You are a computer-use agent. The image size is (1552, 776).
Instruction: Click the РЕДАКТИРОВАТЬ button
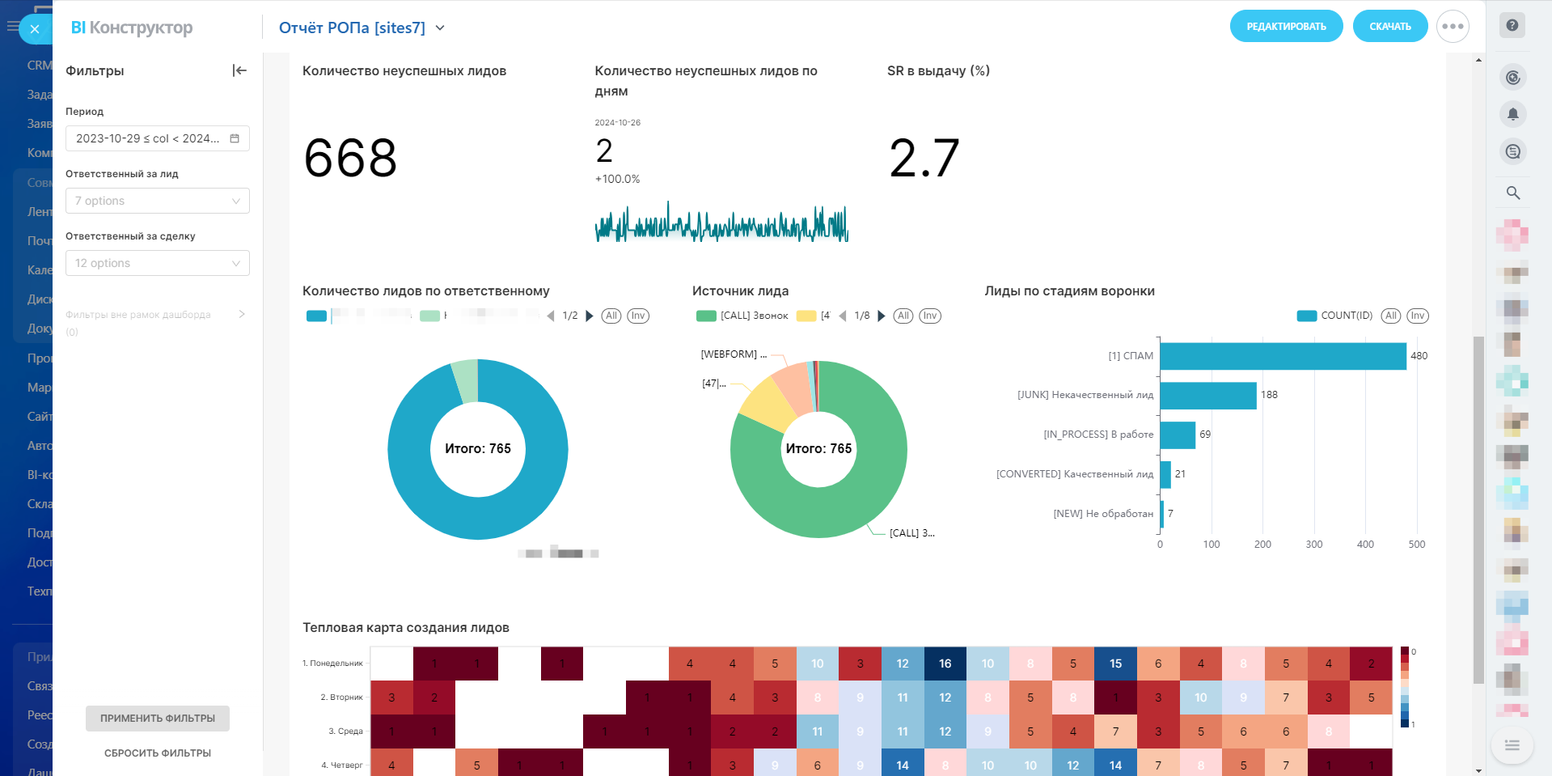1286,27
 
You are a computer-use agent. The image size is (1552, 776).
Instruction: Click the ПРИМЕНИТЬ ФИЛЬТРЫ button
158,719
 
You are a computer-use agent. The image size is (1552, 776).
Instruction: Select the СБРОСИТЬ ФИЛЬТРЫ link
158,753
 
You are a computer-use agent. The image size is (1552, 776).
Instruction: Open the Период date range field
157,138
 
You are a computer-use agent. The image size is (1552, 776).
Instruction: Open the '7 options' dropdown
157,201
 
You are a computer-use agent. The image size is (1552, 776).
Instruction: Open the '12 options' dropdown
157,263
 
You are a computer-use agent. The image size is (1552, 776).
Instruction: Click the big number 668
350,158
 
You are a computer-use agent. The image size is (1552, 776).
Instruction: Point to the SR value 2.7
924,158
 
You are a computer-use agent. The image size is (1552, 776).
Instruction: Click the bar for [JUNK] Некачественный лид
1207,396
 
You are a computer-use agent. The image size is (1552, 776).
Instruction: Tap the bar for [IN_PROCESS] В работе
1178,435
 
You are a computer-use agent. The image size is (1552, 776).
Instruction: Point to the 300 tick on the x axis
1314,545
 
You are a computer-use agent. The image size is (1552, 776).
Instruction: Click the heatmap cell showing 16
945,664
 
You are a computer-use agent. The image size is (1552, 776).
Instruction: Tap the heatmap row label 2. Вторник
341,698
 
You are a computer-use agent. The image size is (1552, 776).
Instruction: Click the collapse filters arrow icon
239,71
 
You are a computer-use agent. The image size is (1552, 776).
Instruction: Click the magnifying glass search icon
1512,193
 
